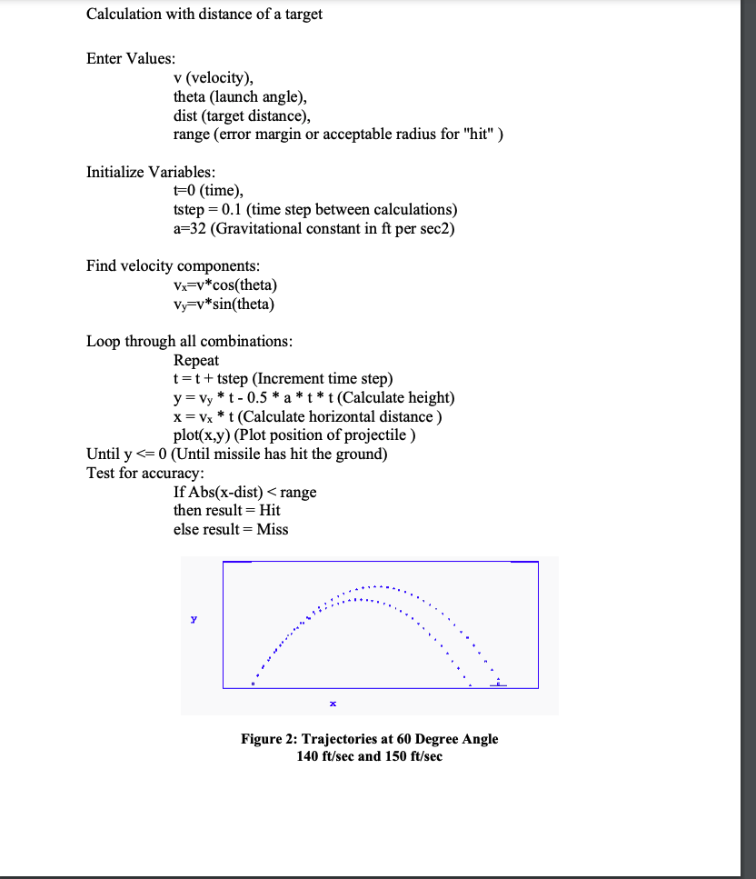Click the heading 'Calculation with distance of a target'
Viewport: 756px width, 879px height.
pos(204,14)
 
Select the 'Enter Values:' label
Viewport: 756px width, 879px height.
pos(131,58)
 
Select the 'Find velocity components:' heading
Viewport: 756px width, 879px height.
pos(173,265)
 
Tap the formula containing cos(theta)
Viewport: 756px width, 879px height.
pos(225,285)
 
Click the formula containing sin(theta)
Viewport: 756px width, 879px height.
pos(224,305)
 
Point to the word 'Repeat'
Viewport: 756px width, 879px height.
pos(196,360)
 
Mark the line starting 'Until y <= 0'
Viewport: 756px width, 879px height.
pos(236,454)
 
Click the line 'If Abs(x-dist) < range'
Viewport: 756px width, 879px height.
pos(245,492)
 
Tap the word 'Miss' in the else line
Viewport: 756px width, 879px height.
pos(273,529)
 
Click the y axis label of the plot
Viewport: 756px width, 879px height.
pos(194,619)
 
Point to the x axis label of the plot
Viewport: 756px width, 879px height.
pos(333,703)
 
